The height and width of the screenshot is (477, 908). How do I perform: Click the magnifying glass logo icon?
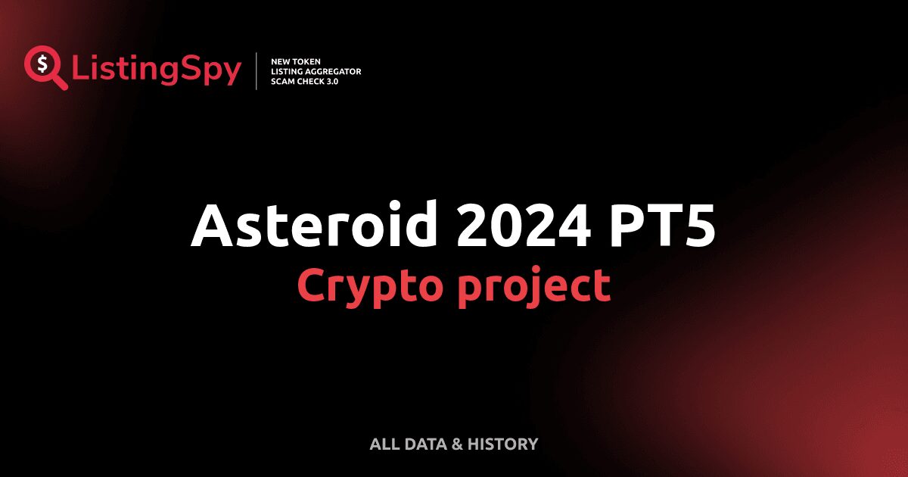coord(43,67)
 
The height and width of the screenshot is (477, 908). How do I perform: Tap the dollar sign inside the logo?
coord(40,64)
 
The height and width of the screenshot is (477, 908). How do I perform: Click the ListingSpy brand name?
coord(156,70)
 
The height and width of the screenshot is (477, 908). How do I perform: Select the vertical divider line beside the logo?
coord(257,71)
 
